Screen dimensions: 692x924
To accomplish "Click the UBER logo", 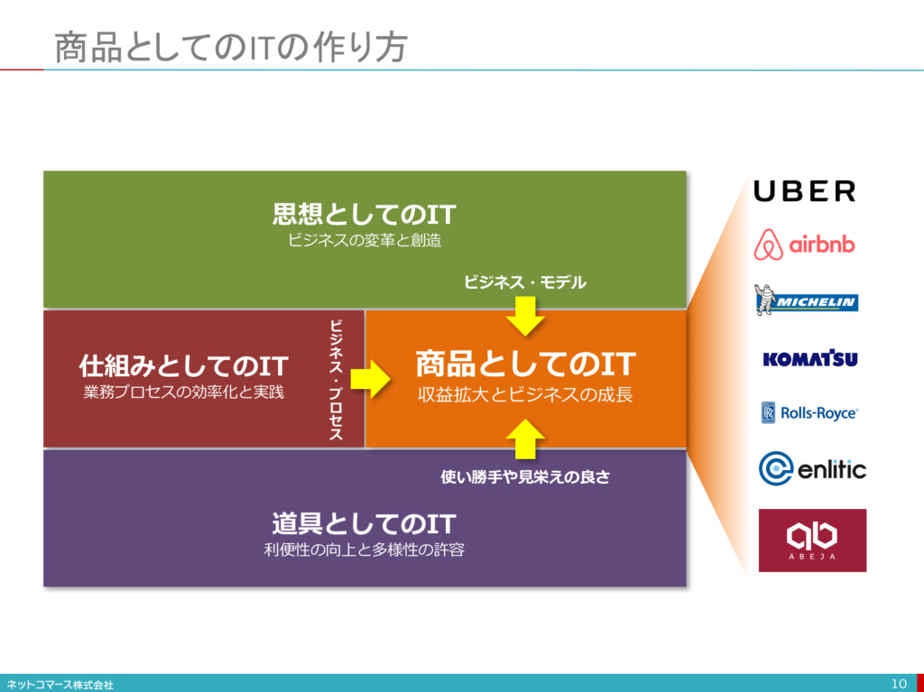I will [x=804, y=191].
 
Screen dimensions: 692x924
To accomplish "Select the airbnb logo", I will [x=805, y=244].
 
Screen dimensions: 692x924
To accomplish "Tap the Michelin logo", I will [x=806, y=300].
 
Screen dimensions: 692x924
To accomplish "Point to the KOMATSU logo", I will [x=809, y=359].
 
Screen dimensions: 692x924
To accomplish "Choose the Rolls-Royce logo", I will [x=808, y=413].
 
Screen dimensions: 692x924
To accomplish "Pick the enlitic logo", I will [x=812, y=469].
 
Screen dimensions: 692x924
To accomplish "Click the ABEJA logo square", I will [x=812, y=540].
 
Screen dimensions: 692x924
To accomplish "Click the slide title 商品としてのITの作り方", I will [x=230, y=47].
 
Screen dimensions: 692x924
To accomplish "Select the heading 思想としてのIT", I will [x=364, y=215].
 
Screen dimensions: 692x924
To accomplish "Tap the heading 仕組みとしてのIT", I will [x=183, y=365].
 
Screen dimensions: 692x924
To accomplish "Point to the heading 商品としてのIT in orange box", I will [x=525, y=364].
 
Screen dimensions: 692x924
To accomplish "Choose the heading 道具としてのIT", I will [x=364, y=523].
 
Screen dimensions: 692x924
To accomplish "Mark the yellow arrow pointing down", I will [x=525, y=315].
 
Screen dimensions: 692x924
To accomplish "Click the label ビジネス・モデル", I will [x=525, y=282].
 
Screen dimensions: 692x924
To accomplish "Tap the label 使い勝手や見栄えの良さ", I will [x=525, y=476].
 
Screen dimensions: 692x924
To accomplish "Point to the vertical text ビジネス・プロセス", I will [x=336, y=379].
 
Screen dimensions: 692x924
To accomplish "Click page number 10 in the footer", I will [x=898, y=683].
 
